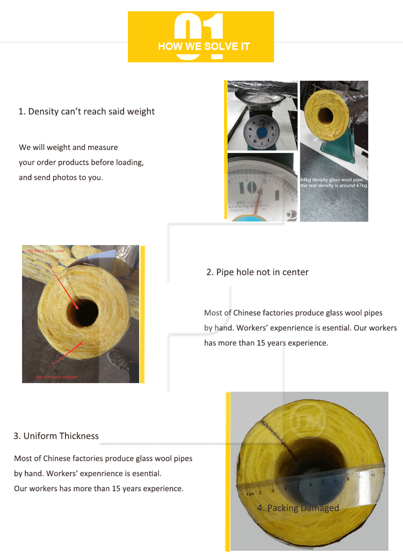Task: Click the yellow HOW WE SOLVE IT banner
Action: pyautogui.click(x=201, y=37)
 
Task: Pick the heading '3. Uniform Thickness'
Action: pyautogui.click(x=56, y=436)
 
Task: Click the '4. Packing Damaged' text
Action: pyautogui.click(x=298, y=508)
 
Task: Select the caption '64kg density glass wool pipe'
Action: pyautogui.click(x=333, y=180)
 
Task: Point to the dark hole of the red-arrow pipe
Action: pyautogui.click(x=82, y=312)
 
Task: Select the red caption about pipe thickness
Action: pyautogui.click(x=56, y=377)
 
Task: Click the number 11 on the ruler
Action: pyautogui.click(x=372, y=475)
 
